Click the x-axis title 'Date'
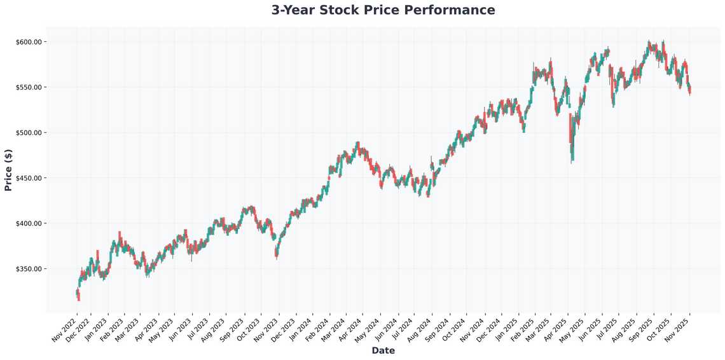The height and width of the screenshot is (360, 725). pos(383,350)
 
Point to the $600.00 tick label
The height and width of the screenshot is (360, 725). pos(29,42)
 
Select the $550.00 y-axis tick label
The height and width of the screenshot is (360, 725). pos(29,87)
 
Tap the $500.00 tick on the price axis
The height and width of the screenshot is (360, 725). pos(29,132)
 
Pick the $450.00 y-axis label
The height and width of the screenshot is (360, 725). pos(29,178)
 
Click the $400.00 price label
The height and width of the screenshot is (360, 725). pos(29,223)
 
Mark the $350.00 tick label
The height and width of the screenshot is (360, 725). pos(29,269)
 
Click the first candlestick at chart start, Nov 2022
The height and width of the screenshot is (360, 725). pos(77,293)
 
